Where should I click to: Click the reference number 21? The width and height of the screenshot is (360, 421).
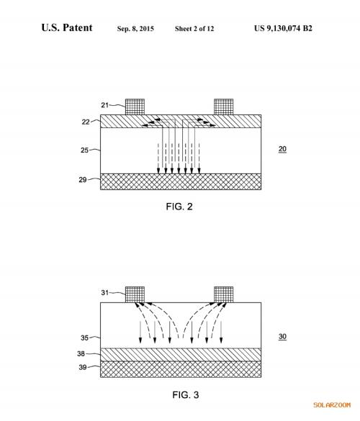(x=104, y=105)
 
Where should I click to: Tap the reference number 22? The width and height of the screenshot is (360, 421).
(x=86, y=122)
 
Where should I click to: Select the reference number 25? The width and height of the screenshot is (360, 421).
(x=84, y=150)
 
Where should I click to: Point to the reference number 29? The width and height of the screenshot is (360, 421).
(x=83, y=180)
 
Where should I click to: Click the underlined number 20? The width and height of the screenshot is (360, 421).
(x=282, y=149)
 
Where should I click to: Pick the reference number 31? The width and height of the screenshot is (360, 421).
(x=104, y=292)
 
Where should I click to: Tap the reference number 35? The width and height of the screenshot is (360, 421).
(x=84, y=338)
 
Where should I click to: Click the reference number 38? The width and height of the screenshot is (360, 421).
(x=81, y=353)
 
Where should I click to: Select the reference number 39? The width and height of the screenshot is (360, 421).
(x=83, y=367)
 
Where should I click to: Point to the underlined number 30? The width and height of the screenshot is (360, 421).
(x=282, y=337)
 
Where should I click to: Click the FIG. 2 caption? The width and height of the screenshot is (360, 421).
(x=179, y=207)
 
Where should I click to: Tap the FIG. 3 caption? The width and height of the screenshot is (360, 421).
(x=186, y=394)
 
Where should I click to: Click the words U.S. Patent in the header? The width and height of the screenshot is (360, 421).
(x=67, y=27)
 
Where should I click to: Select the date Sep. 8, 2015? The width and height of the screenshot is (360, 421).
(x=135, y=29)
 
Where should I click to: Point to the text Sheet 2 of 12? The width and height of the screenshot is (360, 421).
(x=194, y=29)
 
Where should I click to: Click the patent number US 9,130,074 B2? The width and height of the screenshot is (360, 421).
(x=283, y=29)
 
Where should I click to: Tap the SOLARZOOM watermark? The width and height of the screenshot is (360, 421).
(x=332, y=405)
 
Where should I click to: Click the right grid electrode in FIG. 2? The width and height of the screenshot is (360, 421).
(x=223, y=107)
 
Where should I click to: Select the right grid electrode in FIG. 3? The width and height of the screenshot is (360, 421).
(x=223, y=294)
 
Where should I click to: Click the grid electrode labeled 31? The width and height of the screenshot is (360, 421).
(x=135, y=294)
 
